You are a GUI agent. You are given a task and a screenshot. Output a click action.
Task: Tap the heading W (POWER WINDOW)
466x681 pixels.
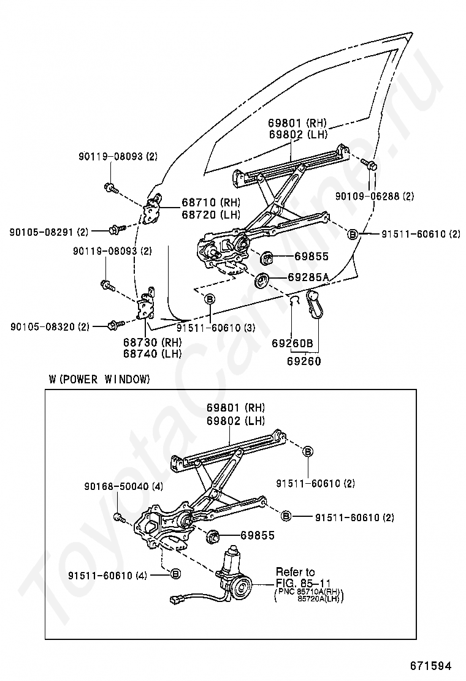tap(99, 379)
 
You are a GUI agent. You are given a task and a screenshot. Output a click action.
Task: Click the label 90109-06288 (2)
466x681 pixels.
tap(374, 197)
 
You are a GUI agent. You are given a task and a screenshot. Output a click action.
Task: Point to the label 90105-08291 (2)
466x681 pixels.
tap(48, 232)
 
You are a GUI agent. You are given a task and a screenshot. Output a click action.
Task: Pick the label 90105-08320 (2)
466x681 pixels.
tap(50, 326)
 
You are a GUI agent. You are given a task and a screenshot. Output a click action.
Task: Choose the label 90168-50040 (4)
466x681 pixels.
tap(124, 486)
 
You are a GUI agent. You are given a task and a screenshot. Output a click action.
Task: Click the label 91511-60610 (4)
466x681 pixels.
tap(107, 575)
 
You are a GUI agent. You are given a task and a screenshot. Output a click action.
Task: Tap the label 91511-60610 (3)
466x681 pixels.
tap(216, 328)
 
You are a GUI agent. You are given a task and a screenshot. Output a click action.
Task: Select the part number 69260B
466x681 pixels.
tap(292, 343)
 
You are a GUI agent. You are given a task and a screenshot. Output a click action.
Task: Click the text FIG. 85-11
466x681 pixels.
tap(304, 583)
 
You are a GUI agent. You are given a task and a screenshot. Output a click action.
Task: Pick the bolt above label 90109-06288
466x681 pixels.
tap(369, 165)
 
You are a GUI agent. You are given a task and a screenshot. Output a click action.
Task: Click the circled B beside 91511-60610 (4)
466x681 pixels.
tap(175, 574)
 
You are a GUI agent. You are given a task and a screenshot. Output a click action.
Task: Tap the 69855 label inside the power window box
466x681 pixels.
tap(258, 535)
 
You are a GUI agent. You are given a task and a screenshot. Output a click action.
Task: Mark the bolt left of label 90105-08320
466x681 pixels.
tap(116, 324)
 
